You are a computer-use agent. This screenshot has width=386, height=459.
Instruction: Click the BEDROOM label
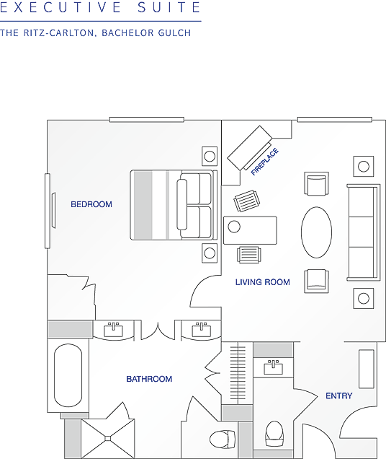coord(91,204)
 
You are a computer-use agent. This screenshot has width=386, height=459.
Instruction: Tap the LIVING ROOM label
coord(263,282)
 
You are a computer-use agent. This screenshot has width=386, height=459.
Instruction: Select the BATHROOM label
coord(149,379)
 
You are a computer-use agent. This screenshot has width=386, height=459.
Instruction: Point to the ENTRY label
coord(339,395)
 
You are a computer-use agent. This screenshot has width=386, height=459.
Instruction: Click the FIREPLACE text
coord(265,162)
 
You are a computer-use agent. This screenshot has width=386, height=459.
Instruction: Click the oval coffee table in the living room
coord(316,232)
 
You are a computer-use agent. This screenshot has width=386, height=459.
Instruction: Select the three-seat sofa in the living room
coord(364,232)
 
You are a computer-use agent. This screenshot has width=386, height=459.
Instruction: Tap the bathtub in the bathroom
coord(68,375)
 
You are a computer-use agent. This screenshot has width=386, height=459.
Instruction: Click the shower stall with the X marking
coord(108,438)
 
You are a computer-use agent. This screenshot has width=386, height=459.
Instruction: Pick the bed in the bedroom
coord(174,205)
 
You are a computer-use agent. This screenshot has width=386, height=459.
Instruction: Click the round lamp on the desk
coord(234,227)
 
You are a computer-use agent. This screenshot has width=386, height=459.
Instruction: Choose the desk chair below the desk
coord(249,255)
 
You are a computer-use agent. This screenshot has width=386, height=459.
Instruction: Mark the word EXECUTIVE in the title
coord(60,7)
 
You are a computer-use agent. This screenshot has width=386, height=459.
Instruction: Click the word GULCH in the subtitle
coord(174,32)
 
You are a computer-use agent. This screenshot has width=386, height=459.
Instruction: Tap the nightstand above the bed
coord(210,157)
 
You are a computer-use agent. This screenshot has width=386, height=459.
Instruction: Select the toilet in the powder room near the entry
coord(274,434)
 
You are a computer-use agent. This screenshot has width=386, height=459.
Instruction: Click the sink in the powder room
coord(273,367)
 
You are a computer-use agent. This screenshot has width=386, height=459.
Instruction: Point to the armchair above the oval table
coord(316,183)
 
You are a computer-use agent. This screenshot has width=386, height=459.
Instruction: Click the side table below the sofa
coord(364,298)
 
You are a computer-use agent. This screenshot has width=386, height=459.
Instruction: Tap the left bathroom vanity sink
coord(113,330)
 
